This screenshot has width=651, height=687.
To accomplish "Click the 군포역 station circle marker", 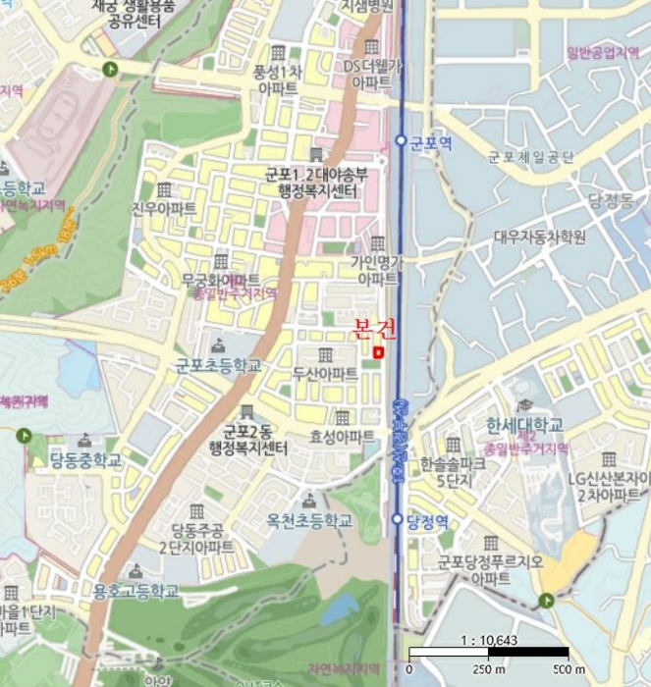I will point(401,141).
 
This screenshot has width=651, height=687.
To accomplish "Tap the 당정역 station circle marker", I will point(397,519).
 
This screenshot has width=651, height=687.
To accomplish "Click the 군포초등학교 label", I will point(218,365).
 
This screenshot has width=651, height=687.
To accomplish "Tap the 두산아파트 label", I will point(325,375).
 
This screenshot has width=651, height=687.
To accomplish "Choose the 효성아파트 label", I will point(342,436).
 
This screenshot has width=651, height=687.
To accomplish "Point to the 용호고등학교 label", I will point(136,591).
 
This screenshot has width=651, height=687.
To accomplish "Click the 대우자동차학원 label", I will point(540,237).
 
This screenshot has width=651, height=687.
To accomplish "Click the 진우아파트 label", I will point(164,208).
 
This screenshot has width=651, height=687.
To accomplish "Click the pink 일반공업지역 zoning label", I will point(602,52).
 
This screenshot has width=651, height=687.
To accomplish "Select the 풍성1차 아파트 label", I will point(279,79).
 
